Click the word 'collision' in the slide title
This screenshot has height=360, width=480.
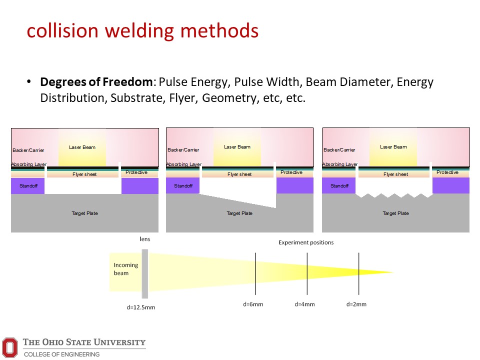click(x=62, y=30)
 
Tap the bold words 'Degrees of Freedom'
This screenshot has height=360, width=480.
click(x=96, y=82)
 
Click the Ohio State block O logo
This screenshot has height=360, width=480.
click(x=10, y=347)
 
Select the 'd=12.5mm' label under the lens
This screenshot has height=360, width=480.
click(x=141, y=307)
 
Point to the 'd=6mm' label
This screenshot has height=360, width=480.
click(x=253, y=304)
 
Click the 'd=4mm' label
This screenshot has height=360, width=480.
click(x=304, y=304)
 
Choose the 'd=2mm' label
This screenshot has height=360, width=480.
click(x=356, y=304)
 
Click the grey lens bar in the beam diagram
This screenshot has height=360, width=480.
click(x=145, y=273)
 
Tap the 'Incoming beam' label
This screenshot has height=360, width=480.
click(x=126, y=269)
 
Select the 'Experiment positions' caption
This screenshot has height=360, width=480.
click(x=306, y=242)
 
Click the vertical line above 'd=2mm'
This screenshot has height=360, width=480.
click(x=359, y=273)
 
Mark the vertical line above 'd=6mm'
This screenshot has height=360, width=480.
click(x=255, y=273)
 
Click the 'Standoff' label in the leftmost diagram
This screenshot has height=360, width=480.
click(x=28, y=186)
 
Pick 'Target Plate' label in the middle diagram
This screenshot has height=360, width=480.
click(x=239, y=213)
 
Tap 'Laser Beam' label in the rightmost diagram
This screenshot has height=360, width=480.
click(x=393, y=147)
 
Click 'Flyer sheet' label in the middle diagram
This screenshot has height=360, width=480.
click(x=239, y=174)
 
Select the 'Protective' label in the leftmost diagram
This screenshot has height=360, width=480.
click(x=136, y=172)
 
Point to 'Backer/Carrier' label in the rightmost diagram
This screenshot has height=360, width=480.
click(x=339, y=150)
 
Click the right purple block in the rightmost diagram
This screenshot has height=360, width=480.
click(x=451, y=185)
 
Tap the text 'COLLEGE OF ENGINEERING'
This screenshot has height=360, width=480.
click(x=62, y=354)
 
